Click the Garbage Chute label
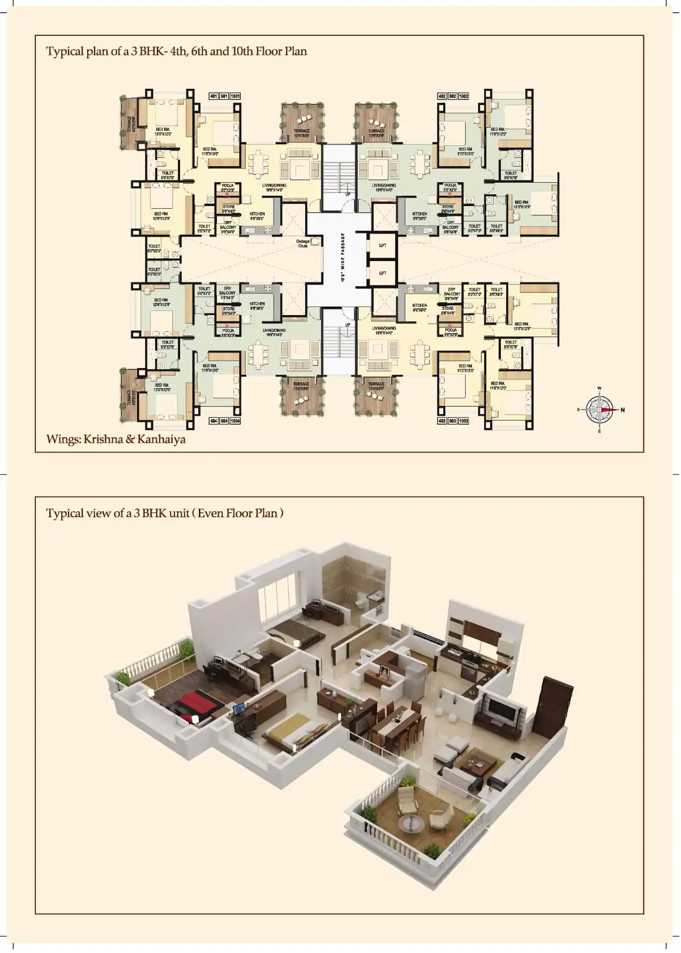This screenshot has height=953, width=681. (303, 243)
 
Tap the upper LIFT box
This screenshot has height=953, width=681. (382, 246)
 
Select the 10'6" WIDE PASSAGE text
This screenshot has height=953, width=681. (343, 257)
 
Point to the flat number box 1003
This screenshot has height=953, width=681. (464, 420)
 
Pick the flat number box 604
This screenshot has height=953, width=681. (224, 420)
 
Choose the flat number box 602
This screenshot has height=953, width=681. (453, 96)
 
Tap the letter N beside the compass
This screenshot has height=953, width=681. (622, 410)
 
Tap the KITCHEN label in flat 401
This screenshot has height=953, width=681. (257, 214)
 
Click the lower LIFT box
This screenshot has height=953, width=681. (382, 273)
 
